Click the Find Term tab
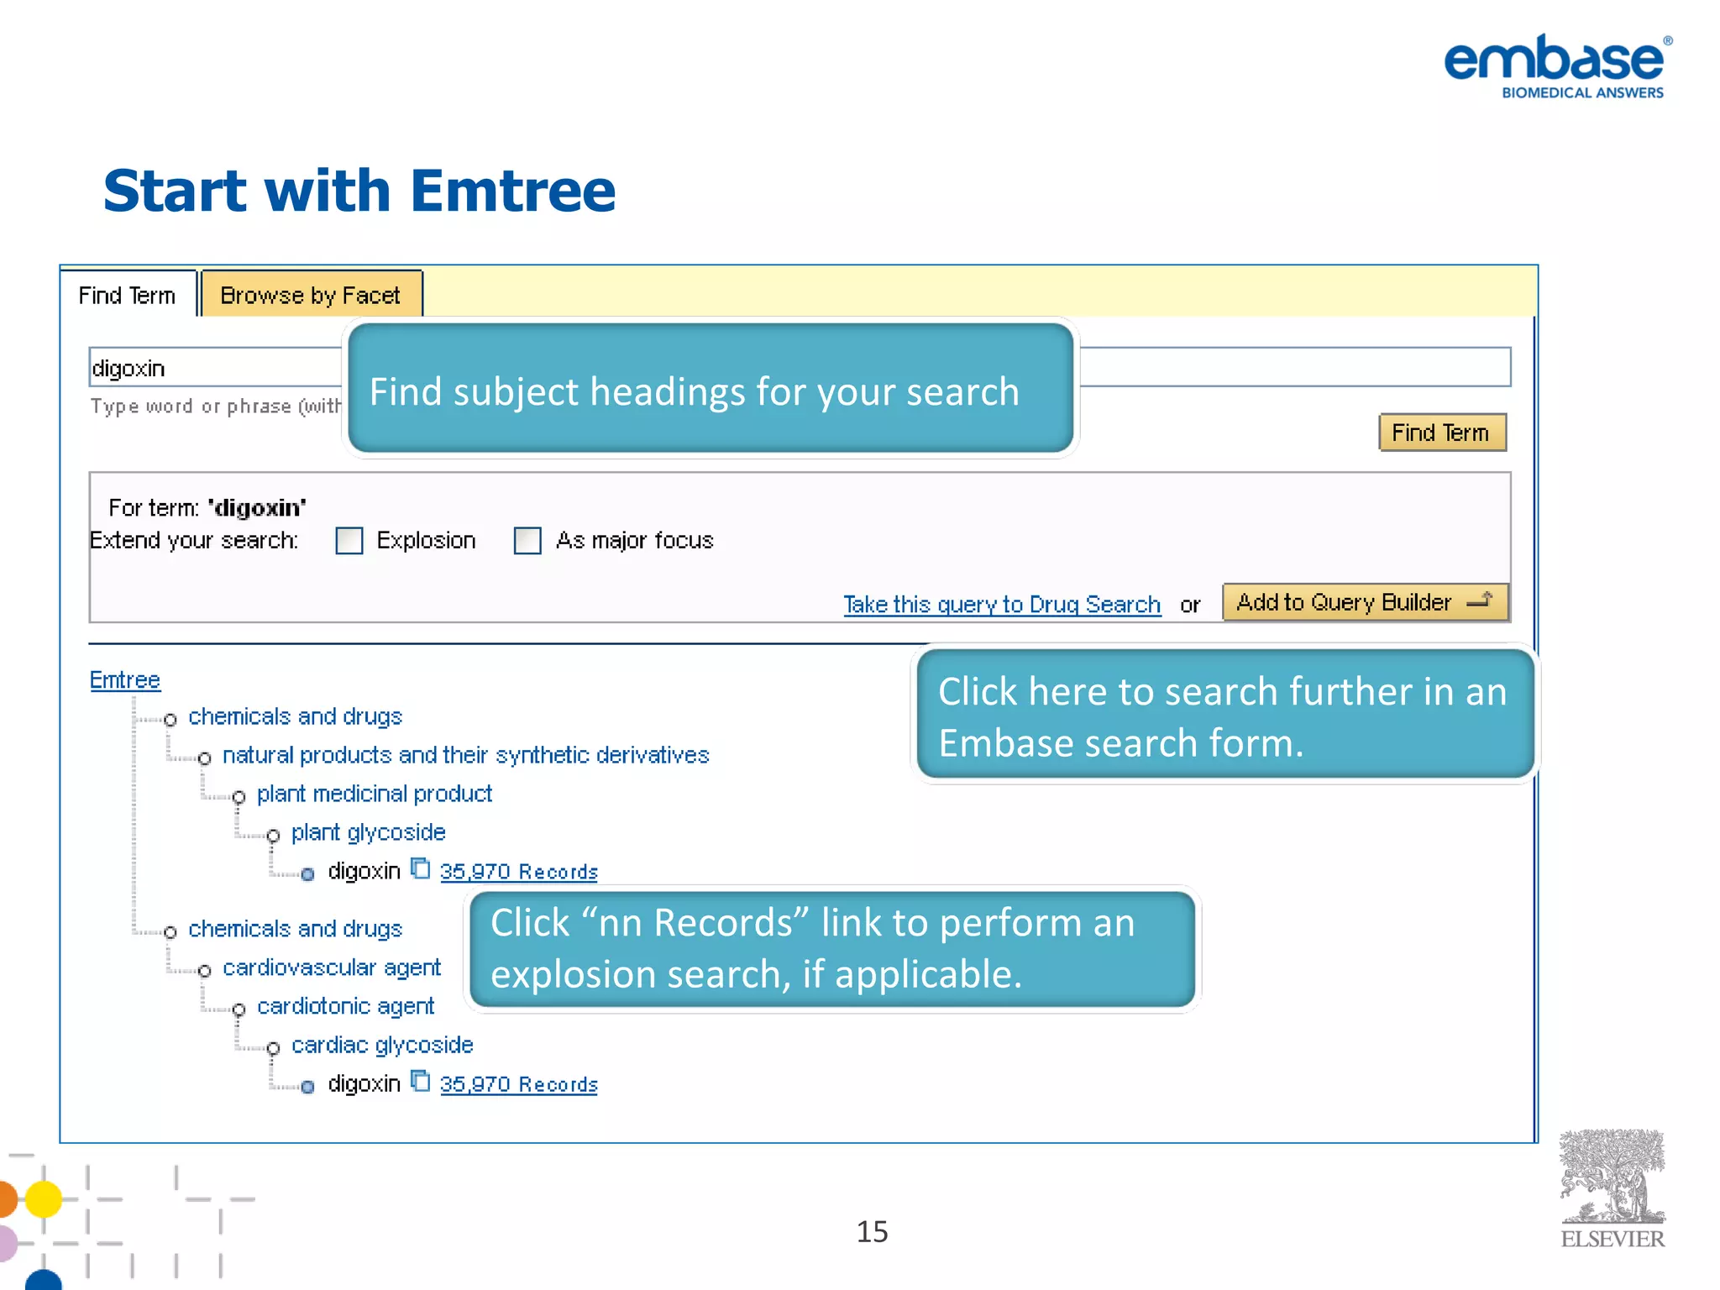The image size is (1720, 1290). tap(128, 295)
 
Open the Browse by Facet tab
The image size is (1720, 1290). tap(310, 295)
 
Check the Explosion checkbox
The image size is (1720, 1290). tap(349, 541)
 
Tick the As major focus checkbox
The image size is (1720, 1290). tap(527, 541)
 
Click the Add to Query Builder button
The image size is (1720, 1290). tap(1364, 602)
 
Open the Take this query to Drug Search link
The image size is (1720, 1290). tap(1002, 605)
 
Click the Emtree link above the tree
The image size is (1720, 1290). tap(125, 679)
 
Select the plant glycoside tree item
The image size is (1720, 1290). tap(368, 832)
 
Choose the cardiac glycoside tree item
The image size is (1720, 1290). tap(382, 1045)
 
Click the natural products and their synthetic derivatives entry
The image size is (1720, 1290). tap(465, 755)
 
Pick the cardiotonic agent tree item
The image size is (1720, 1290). tap(345, 1006)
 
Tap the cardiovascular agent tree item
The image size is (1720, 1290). tap(331, 967)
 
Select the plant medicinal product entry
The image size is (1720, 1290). tap(374, 794)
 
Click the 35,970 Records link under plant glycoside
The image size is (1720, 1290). tap(518, 872)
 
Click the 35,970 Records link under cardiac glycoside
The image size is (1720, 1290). tap(518, 1084)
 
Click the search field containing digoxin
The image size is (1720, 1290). tap(215, 368)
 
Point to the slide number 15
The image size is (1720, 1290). tap(872, 1231)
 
